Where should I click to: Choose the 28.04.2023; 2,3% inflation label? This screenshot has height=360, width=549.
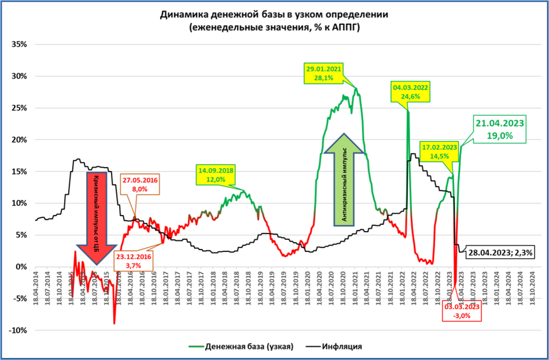500,253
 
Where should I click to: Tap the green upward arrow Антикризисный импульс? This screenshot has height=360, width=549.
343,179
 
